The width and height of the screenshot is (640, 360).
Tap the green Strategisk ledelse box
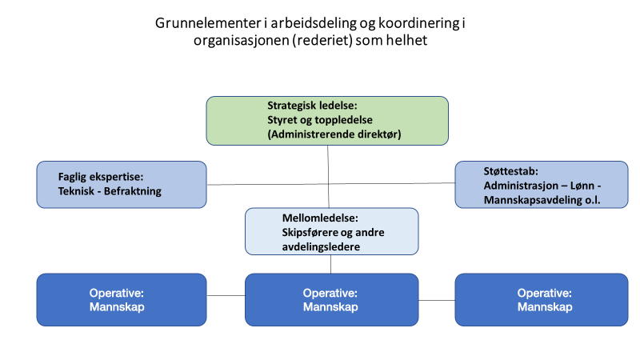click(327, 121)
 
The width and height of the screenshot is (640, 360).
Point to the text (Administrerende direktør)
click(334, 134)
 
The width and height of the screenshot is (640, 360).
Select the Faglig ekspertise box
click(122, 185)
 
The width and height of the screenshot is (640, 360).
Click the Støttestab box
click(542, 185)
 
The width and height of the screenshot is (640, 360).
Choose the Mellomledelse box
click(332, 231)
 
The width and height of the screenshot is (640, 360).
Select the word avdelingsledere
click(321, 247)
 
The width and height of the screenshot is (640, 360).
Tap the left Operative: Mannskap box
click(122, 299)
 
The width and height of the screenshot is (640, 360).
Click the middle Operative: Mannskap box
click(332, 299)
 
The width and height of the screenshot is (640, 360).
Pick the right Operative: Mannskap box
click(542, 299)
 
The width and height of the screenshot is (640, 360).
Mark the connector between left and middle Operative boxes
click(226, 295)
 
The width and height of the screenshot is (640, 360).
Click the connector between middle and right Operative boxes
click(437, 301)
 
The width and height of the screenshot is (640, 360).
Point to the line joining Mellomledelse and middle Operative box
click(330, 264)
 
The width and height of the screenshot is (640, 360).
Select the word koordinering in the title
click(419, 23)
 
